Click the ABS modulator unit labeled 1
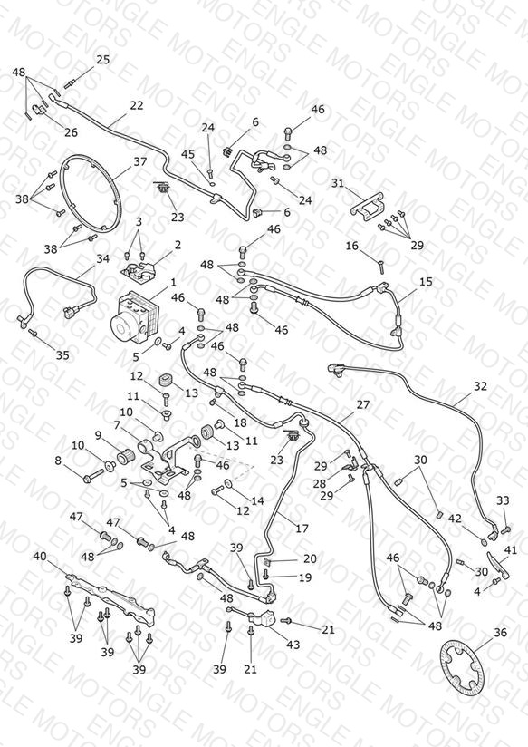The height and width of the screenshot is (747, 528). tap(133, 316)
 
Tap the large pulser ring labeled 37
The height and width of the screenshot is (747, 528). tap(90, 193)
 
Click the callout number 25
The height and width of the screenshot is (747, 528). tap(103, 60)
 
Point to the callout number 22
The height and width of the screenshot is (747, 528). tap(137, 105)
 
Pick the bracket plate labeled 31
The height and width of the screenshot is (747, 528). tap(368, 208)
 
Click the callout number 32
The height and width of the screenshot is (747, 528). tap(480, 386)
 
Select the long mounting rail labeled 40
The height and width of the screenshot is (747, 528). tap(110, 598)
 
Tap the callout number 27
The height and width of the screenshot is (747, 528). tap(363, 404)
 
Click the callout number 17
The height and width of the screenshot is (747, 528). tap(302, 529)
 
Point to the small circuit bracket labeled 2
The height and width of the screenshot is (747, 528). tap(139, 270)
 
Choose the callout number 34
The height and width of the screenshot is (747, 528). tap(103, 258)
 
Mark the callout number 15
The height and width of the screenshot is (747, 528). tap(427, 282)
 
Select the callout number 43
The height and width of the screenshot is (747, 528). tap(293, 645)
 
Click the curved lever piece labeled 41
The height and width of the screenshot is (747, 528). tap(498, 564)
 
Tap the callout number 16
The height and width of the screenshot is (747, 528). tap(351, 246)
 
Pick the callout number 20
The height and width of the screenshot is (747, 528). tap(310, 558)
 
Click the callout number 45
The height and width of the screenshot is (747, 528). tap(188, 154)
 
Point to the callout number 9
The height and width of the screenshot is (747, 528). tap(98, 434)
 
